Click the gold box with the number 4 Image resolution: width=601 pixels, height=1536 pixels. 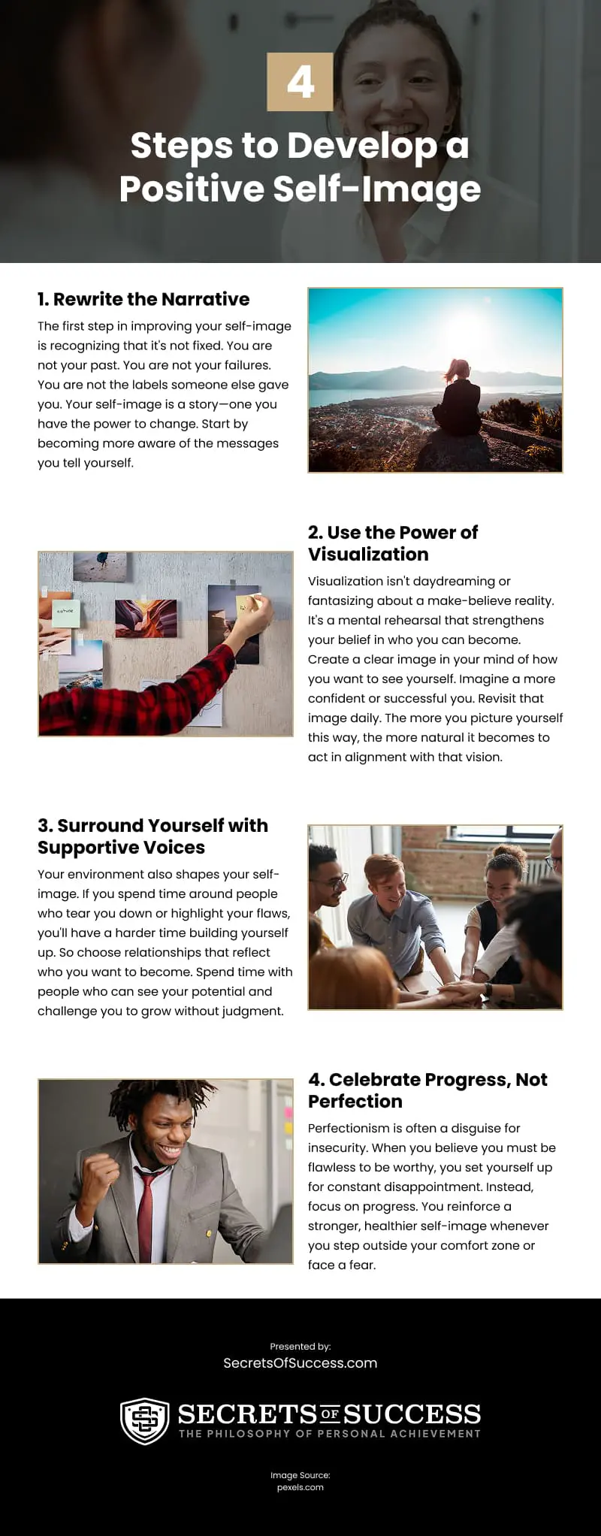[x=300, y=82]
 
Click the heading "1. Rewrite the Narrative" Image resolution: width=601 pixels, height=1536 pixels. [x=143, y=299]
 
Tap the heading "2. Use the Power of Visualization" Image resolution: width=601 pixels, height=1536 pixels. [x=392, y=543]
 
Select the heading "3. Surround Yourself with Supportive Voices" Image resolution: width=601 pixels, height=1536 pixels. [x=153, y=836]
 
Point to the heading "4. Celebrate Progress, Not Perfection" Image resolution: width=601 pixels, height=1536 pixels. [x=427, y=1090]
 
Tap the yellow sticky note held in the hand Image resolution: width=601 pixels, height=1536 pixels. [x=248, y=603]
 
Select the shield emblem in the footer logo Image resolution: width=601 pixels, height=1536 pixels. [x=144, y=1421]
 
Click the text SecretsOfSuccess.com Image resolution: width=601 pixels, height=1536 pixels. [x=300, y=1363]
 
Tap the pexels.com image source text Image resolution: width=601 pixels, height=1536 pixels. [x=300, y=1487]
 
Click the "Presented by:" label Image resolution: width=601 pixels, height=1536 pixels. [x=300, y=1347]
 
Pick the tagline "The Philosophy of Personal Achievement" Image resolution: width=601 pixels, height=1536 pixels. [x=329, y=1434]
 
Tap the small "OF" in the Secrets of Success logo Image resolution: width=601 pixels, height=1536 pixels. [x=330, y=1414]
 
